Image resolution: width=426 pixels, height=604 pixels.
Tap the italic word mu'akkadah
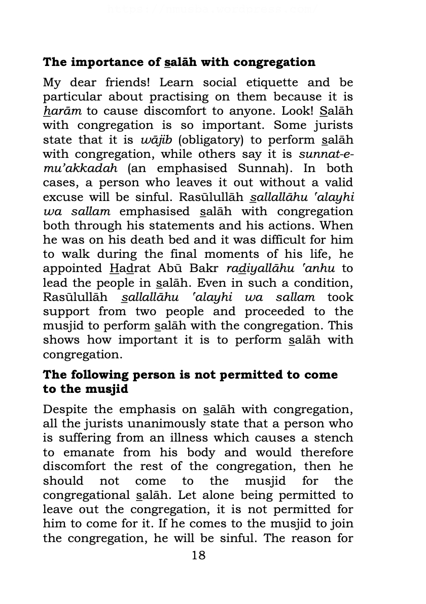pyautogui.click(x=80, y=169)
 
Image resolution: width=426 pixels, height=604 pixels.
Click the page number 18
pyautogui.click(x=199, y=555)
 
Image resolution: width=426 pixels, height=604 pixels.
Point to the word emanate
pyautogui.click(x=89, y=452)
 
